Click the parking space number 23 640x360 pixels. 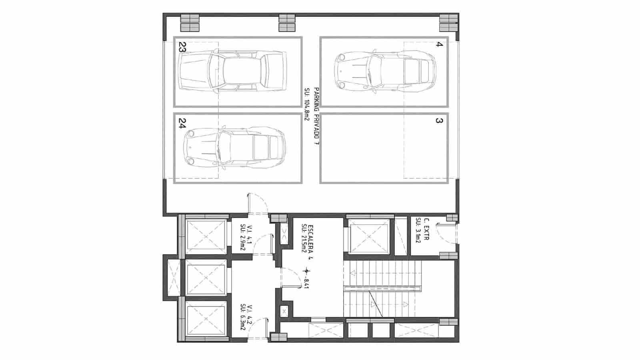point(182,48)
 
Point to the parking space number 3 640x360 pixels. point(439,120)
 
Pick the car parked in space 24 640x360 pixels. point(234,147)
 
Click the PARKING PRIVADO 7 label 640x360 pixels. point(316,118)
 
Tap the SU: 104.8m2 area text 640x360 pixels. point(307,104)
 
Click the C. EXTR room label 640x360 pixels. point(427,229)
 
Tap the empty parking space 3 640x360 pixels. point(384,148)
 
